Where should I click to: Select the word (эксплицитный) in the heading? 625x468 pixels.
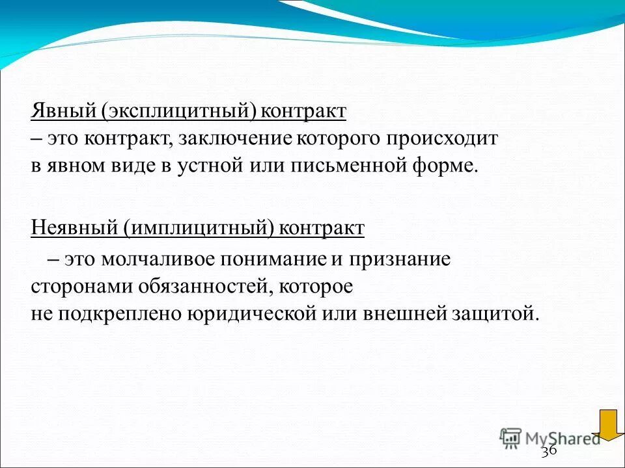point(173,111)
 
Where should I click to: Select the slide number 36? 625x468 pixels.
point(549,450)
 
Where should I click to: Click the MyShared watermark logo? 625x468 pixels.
point(550,437)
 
